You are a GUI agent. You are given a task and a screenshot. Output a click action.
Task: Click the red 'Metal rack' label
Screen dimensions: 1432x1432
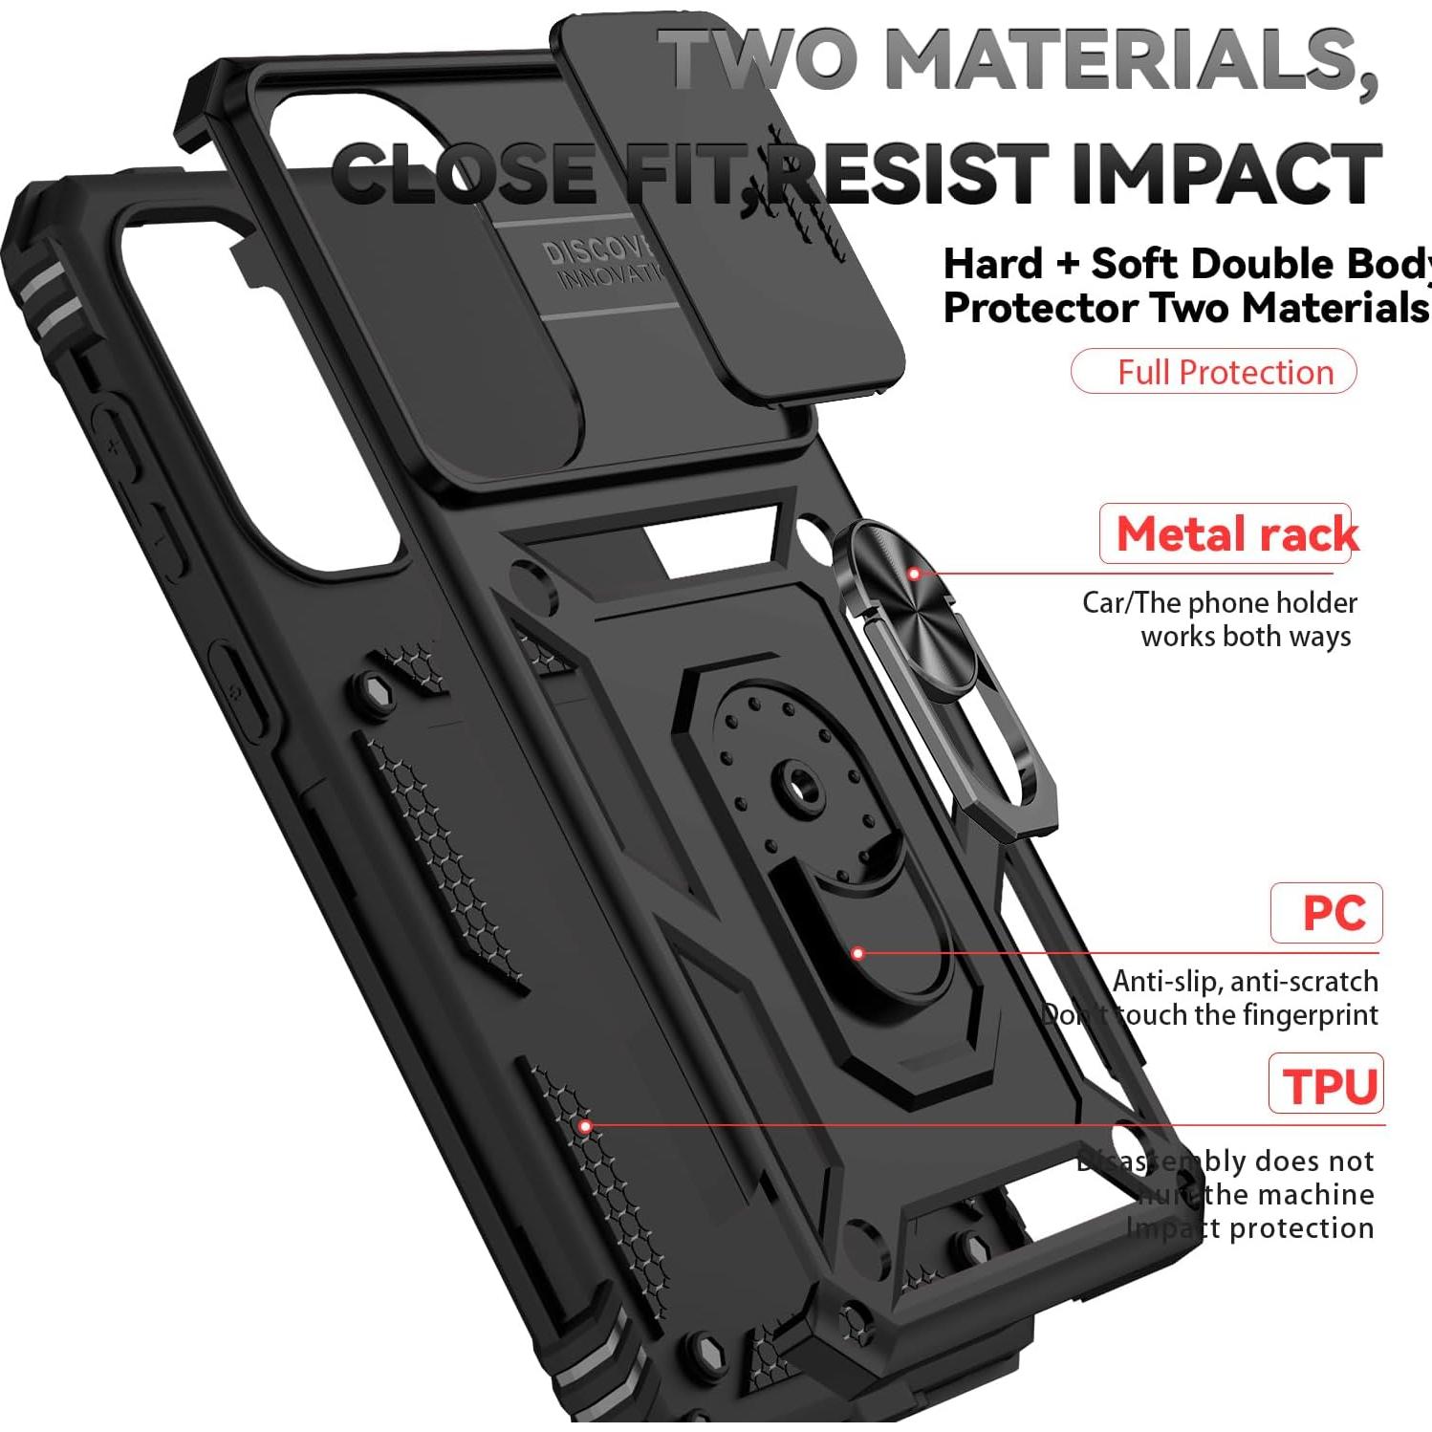click(1236, 533)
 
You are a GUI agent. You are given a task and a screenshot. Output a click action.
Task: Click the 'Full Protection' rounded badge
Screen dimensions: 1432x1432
click(1213, 372)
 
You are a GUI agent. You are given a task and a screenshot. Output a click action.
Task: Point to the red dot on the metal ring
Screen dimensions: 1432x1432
click(914, 574)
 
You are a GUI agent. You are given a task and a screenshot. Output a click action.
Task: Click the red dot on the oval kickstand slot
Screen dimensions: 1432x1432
click(857, 953)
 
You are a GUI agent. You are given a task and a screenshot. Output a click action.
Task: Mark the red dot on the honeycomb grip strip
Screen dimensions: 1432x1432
click(585, 1126)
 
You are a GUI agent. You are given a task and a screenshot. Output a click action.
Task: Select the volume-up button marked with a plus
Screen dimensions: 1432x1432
click(115, 445)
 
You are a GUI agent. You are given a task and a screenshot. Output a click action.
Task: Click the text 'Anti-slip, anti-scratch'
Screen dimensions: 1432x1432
click(1245, 982)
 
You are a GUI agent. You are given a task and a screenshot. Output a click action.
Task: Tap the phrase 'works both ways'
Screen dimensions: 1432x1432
click(1245, 637)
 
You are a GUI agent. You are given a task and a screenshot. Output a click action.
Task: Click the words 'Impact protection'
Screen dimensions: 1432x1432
click(1249, 1227)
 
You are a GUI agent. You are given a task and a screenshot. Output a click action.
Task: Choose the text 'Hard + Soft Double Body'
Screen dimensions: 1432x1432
click(1185, 264)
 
